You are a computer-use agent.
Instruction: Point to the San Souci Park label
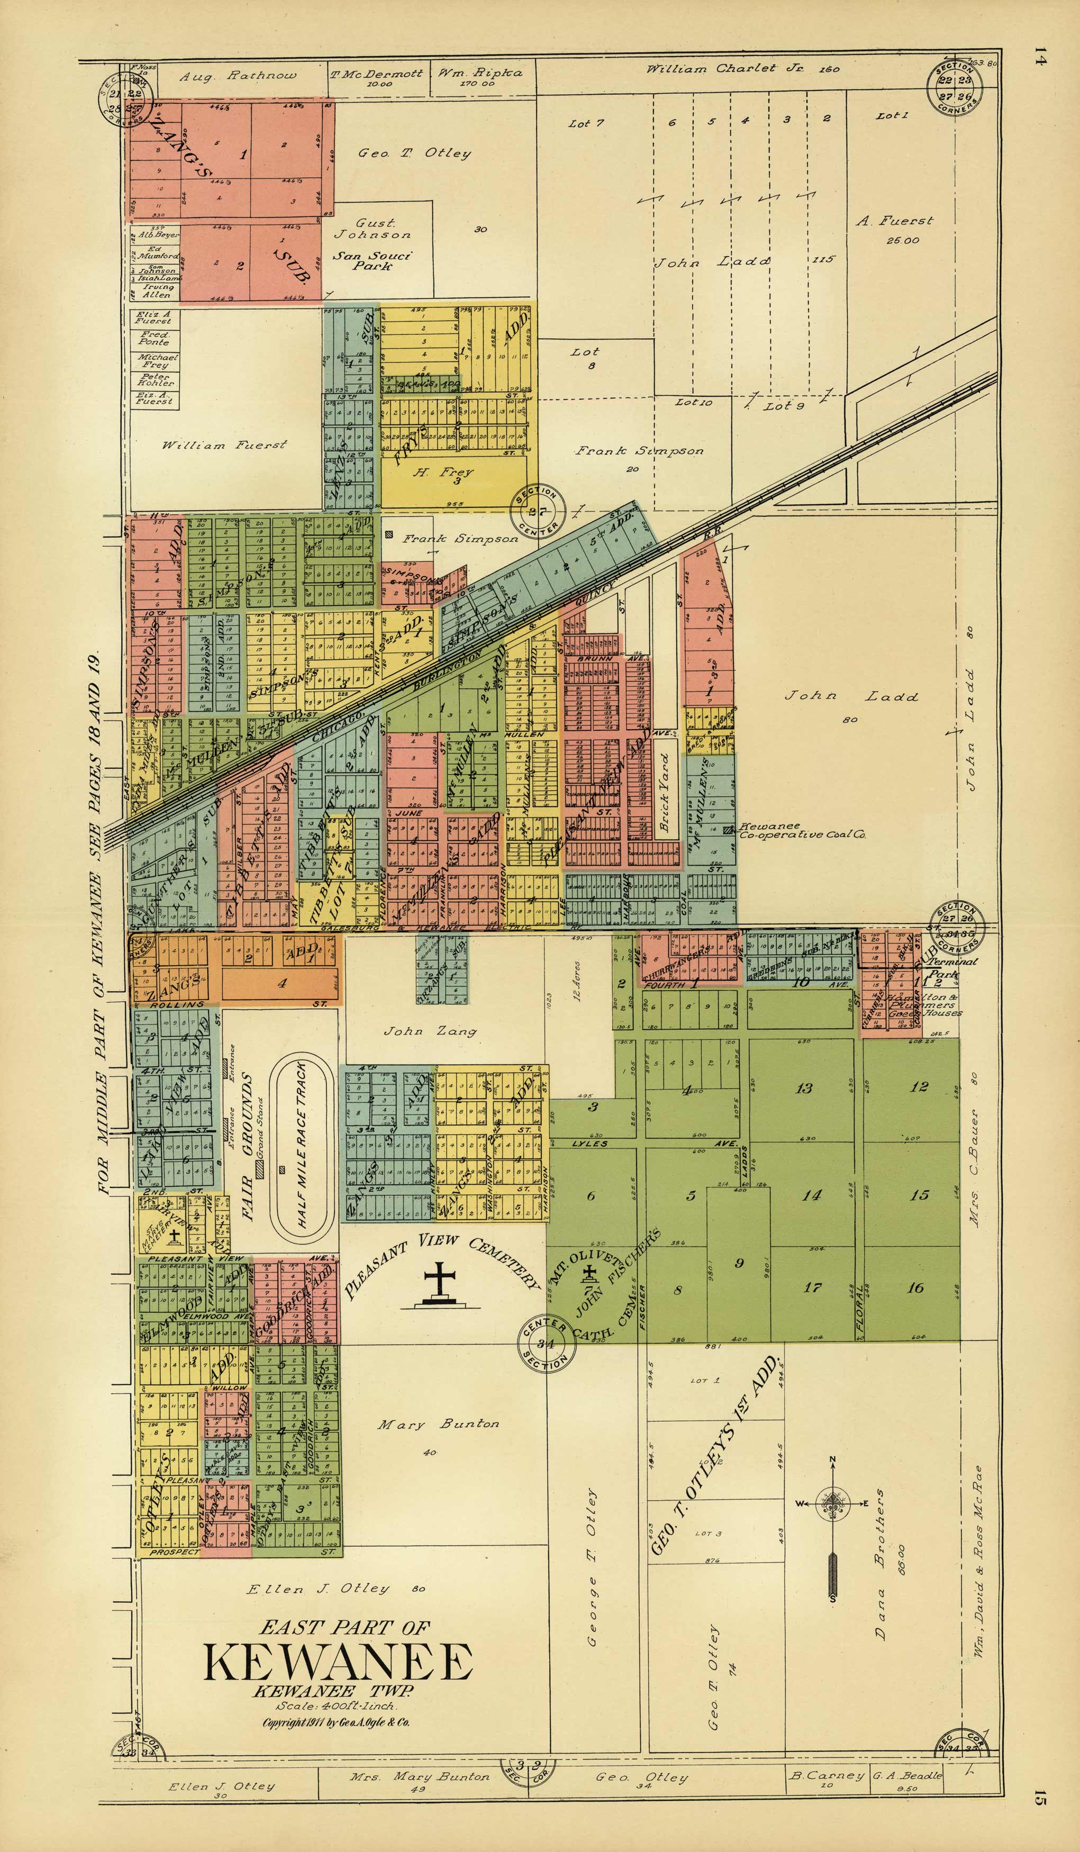click(372, 261)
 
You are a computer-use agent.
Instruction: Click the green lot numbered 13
click(804, 1088)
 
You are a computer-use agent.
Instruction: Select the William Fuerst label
click(224, 444)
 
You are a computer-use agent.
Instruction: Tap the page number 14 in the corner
click(1039, 57)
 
